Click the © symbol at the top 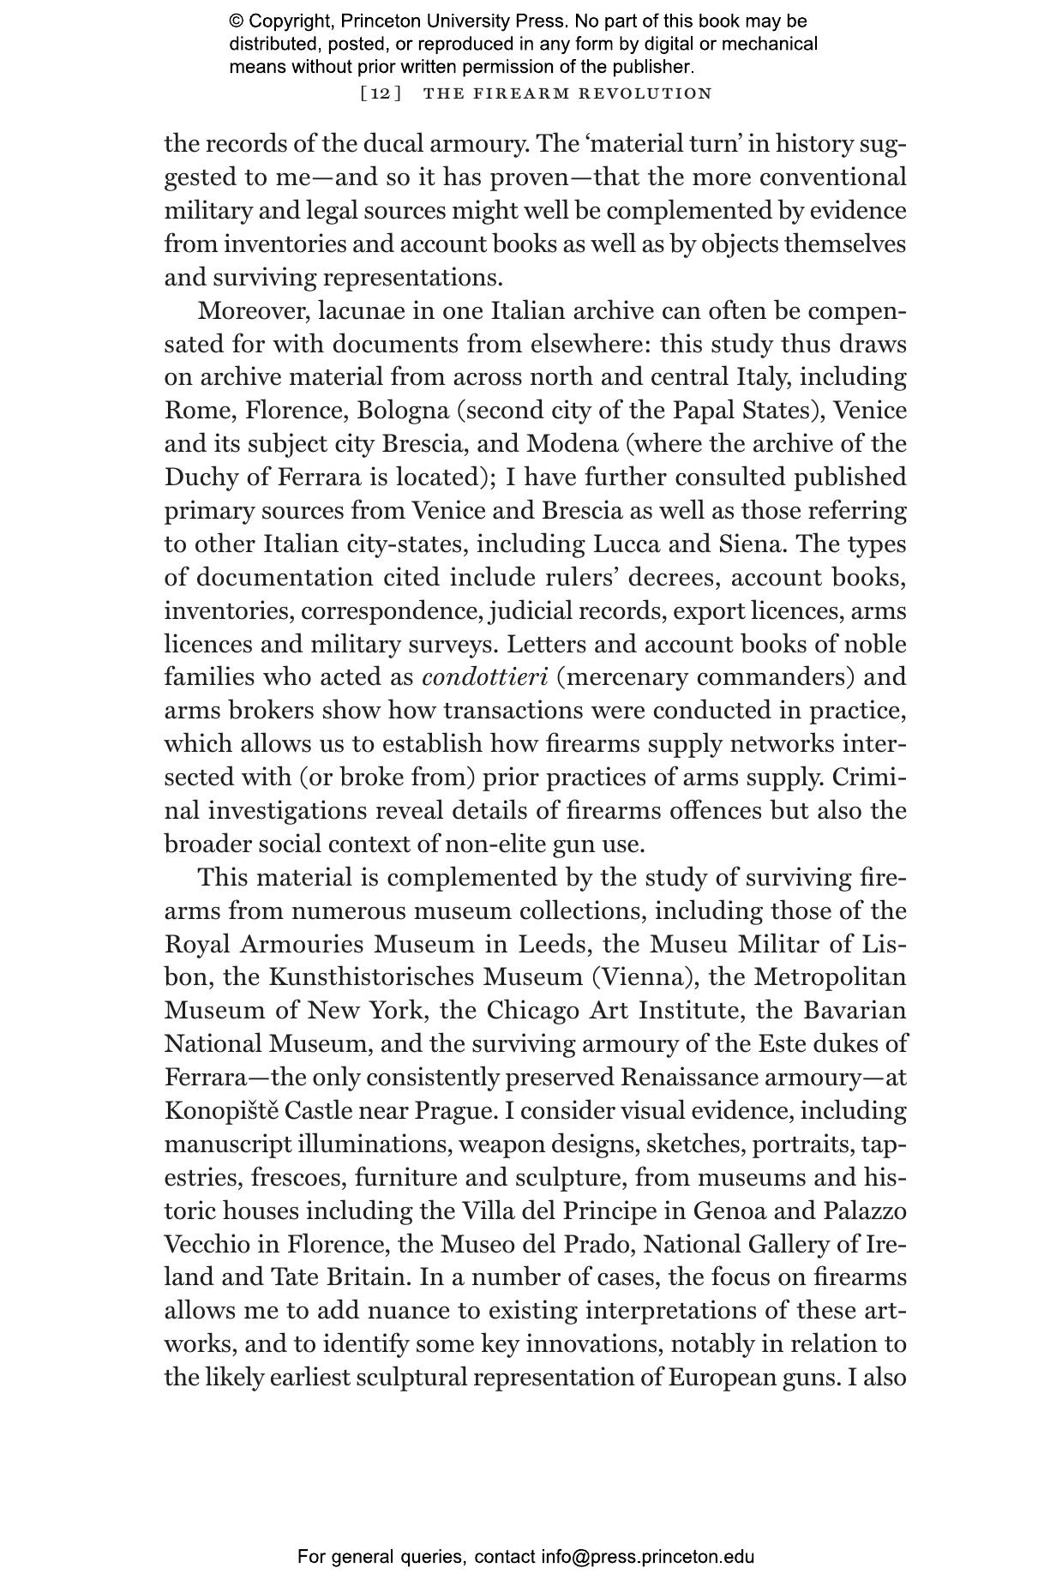coord(236,21)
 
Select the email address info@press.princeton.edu coord(647,1557)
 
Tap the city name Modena coord(572,444)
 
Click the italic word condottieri coord(484,677)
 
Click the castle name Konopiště coord(220,1111)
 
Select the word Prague coord(455,1111)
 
